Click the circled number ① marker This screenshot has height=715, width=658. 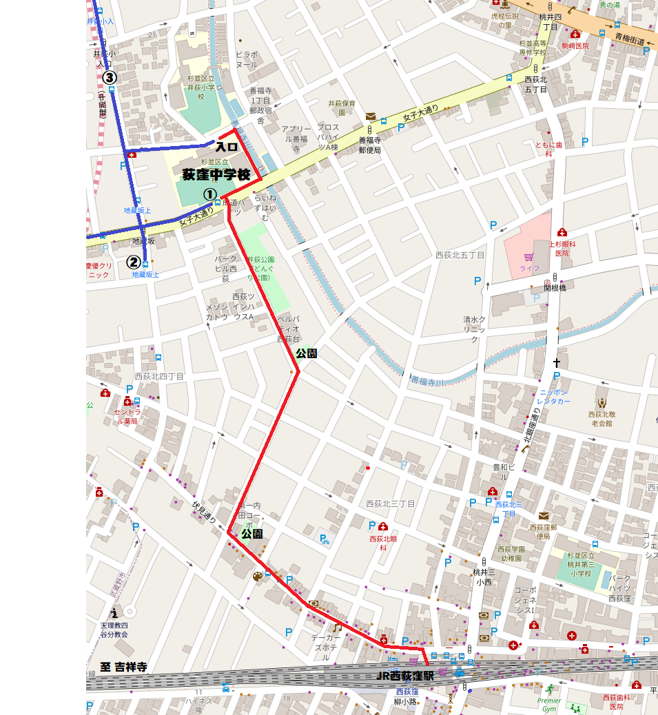coord(209,196)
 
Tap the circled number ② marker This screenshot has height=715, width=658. coord(134,262)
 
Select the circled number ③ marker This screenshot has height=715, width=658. coord(109,78)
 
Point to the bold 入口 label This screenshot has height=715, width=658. coord(226,147)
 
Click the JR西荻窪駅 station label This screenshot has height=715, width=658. coord(406,676)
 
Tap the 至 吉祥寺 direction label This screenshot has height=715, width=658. coord(123,667)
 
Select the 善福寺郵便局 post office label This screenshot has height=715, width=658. coord(370,145)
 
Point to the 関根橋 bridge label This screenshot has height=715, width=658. coord(555,288)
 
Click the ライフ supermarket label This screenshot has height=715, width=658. coord(529,268)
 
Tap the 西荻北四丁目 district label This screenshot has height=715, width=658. coord(159,376)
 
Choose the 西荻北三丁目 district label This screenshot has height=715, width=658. coord(391,504)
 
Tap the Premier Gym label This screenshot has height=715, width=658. coord(548,704)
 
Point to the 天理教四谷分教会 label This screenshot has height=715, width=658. coord(114,630)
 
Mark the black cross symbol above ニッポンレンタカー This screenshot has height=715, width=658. coord(556,362)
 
